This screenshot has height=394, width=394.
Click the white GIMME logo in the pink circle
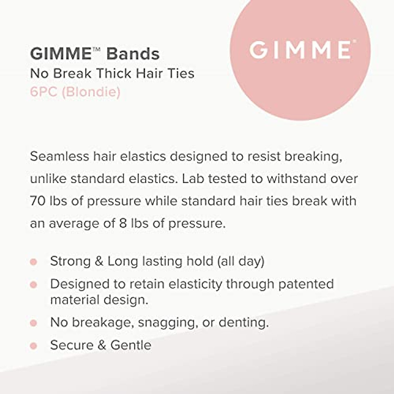coord(300,50)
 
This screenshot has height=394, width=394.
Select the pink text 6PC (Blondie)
coord(75,92)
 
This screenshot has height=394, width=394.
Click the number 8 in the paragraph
coord(123,223)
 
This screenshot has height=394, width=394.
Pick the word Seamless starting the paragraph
coord(59,156)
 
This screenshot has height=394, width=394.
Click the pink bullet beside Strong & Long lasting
coord(33,262)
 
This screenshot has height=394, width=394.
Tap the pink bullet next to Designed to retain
coord(33,284)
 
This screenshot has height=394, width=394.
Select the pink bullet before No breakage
coord(33,323)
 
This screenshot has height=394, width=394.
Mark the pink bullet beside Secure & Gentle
coord(33,345)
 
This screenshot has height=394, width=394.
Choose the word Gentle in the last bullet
coord(131,345)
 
